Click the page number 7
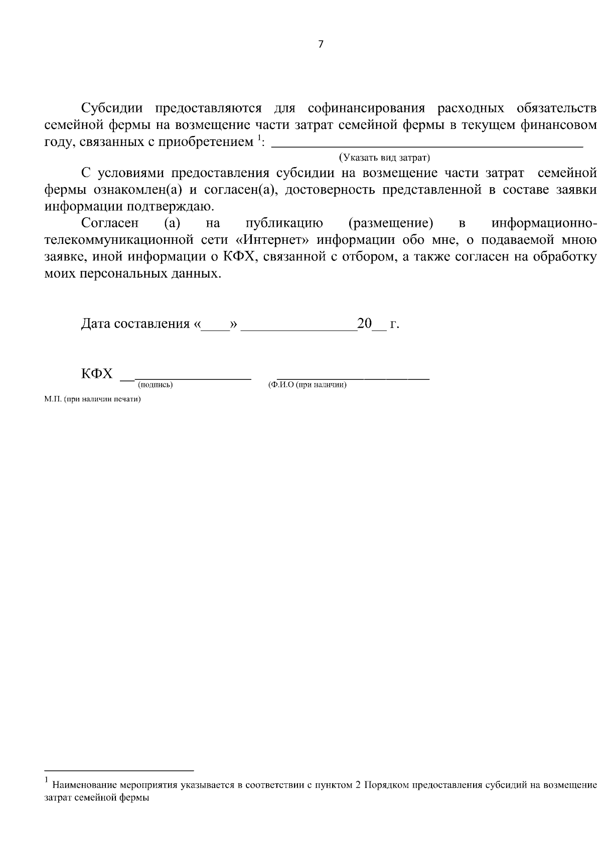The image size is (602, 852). coord(321,44)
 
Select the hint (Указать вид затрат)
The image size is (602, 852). coord(385,158)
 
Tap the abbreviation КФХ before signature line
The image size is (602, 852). coord(97,374)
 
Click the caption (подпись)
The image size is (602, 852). coord(155,385)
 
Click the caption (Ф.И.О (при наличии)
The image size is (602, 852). coord(308,385)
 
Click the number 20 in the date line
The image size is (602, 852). coord(364,324)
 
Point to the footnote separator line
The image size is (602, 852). coord(119,770)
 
